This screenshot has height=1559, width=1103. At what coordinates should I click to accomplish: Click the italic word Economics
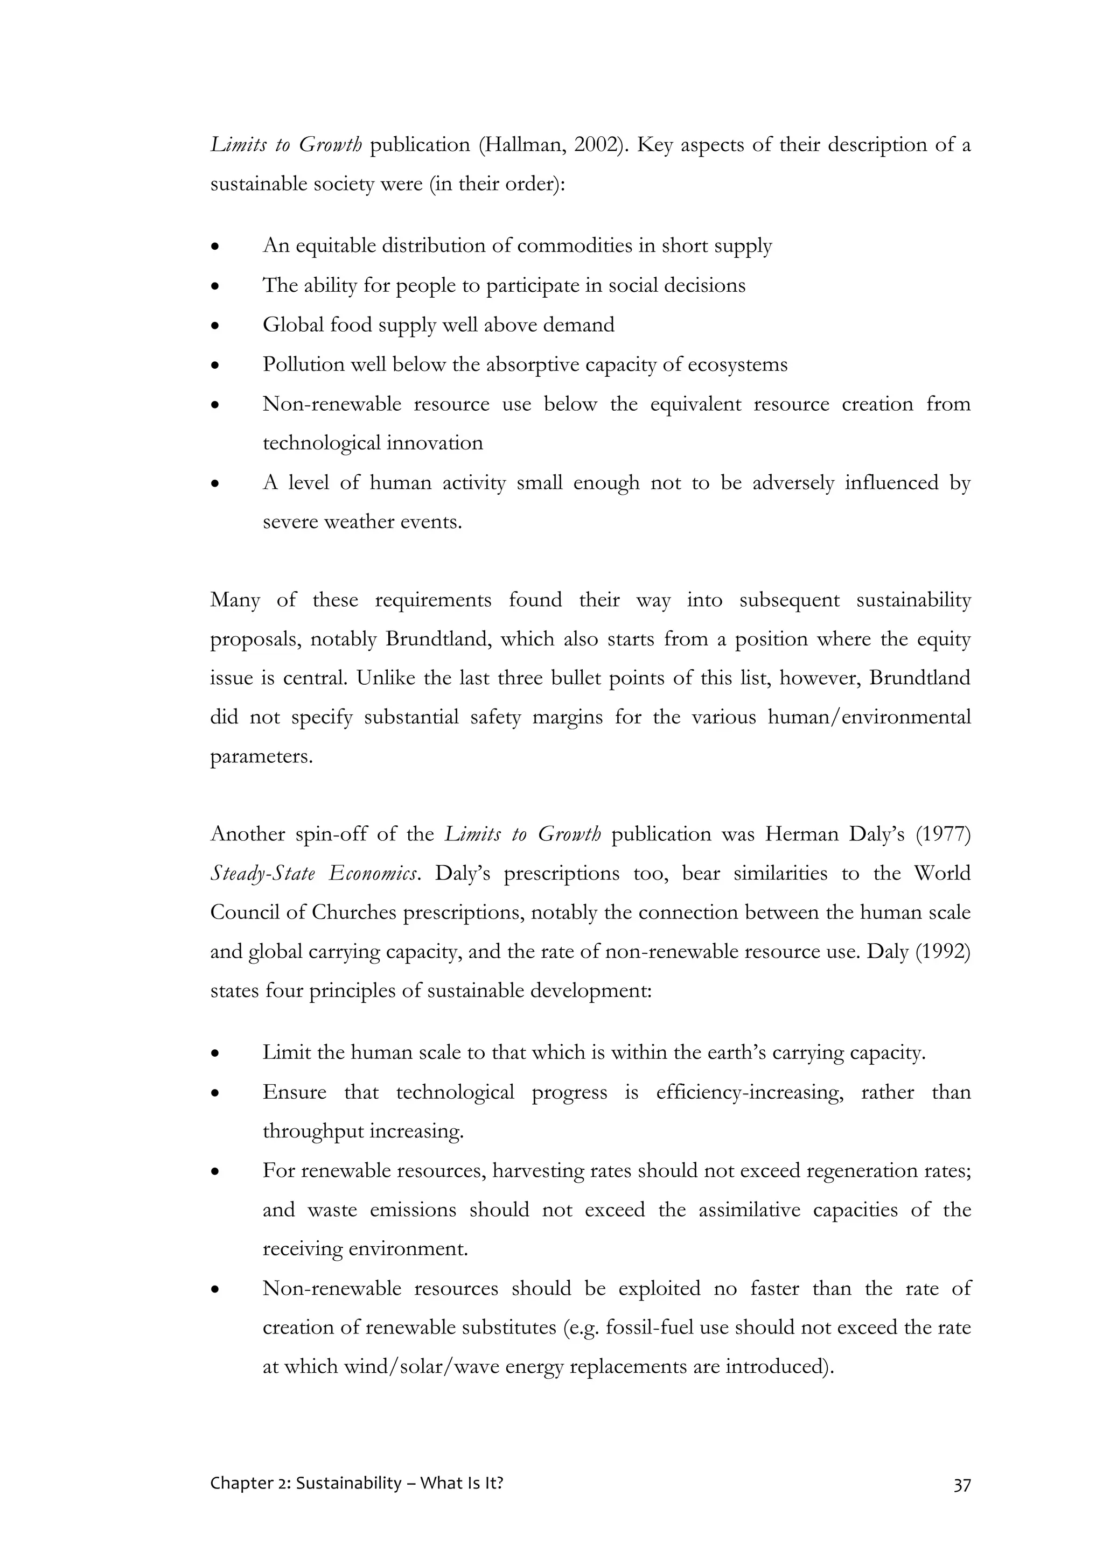374,874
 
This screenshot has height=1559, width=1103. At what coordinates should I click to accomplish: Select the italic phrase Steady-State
263,874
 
